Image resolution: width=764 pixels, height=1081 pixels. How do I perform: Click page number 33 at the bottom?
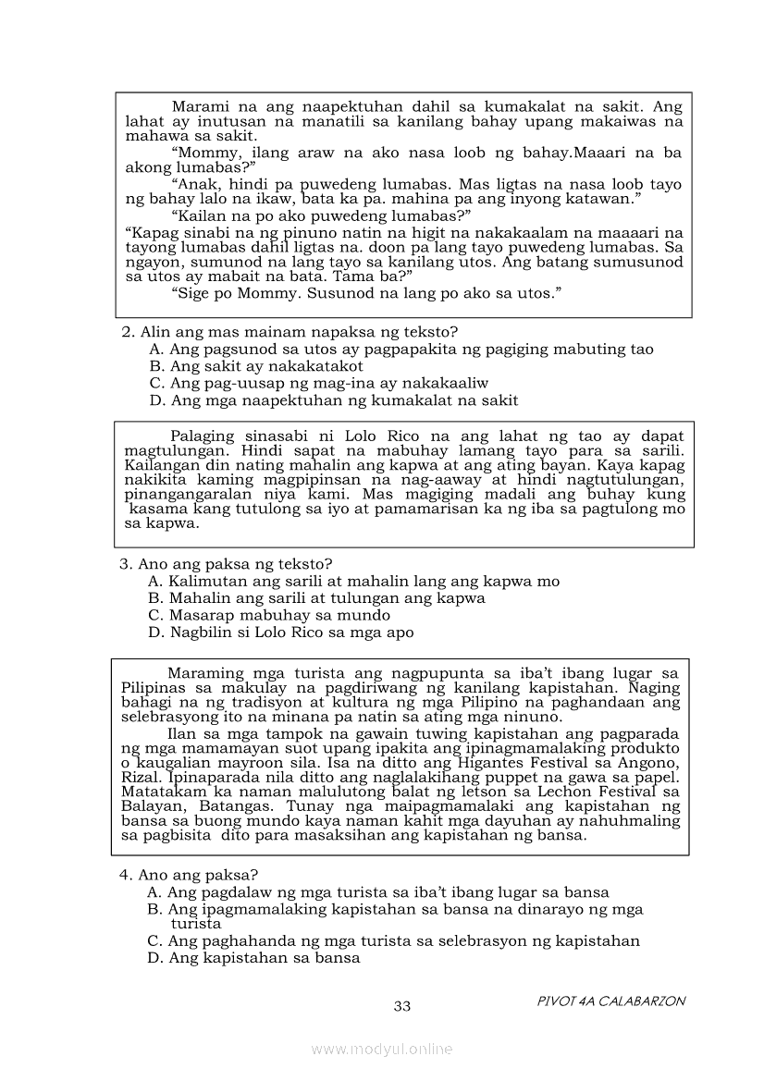[x=402, y=1006]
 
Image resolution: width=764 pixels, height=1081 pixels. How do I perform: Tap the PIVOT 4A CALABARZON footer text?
[x=611, y=1001]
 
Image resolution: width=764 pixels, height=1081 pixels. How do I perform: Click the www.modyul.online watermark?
[x=382, y=1049]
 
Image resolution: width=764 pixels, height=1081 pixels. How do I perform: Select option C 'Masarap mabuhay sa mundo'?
[x=268, y=615]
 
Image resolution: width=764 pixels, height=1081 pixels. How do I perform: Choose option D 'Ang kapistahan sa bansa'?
[x=253, y=958]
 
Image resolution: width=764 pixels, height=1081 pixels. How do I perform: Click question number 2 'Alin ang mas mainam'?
[x=290, y=331]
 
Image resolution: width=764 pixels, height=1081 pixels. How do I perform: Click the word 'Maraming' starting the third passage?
[x=205, y=673]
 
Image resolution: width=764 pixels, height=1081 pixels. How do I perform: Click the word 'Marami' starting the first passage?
[x=201, y=106]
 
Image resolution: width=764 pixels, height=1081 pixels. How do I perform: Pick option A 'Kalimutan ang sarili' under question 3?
[x=353, y=581]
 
